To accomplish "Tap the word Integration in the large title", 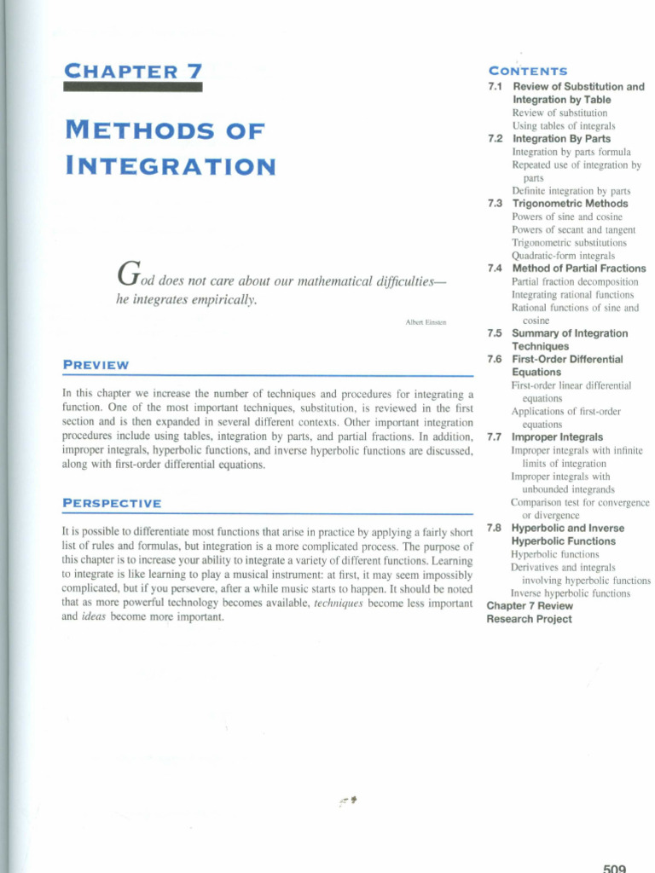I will tap(170, 165).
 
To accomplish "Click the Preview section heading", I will tap(96, 365).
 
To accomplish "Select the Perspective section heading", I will tap(112, 504).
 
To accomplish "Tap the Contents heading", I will tap(527, 71).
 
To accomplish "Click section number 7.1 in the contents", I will tap(495, 87).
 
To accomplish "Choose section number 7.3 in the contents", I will tap(495, 204).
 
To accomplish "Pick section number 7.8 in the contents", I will tap(495, 528).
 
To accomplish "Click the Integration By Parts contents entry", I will tap(561, 138).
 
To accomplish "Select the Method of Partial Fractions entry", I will tap(578, 269).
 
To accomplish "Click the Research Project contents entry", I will tap(529, 619).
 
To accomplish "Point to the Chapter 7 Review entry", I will tap(529, 606).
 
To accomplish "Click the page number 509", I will tap(614, 867).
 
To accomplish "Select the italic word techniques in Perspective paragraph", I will tap(339, 602).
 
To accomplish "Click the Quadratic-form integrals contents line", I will tap(563, 255).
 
